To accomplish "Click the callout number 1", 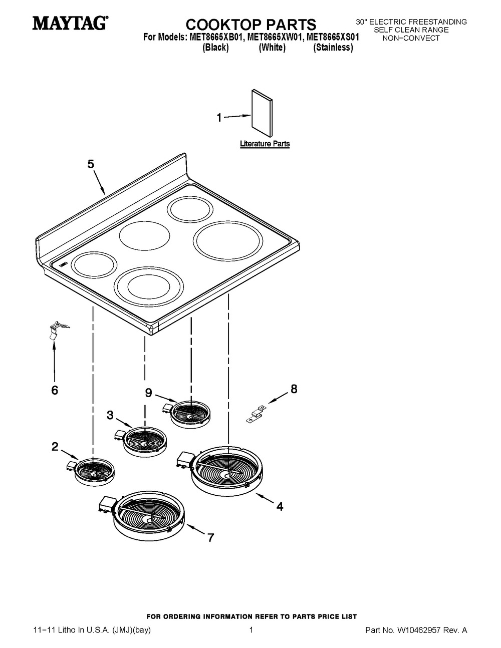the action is pos(219,118).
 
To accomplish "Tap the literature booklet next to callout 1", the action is pos(262,113).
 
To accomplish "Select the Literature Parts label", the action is pos(265,144).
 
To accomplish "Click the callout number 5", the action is pos(91,164).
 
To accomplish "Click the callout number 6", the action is pos(55,390).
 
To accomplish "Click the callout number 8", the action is pos(294,389).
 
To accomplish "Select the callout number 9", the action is pos(148,393).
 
